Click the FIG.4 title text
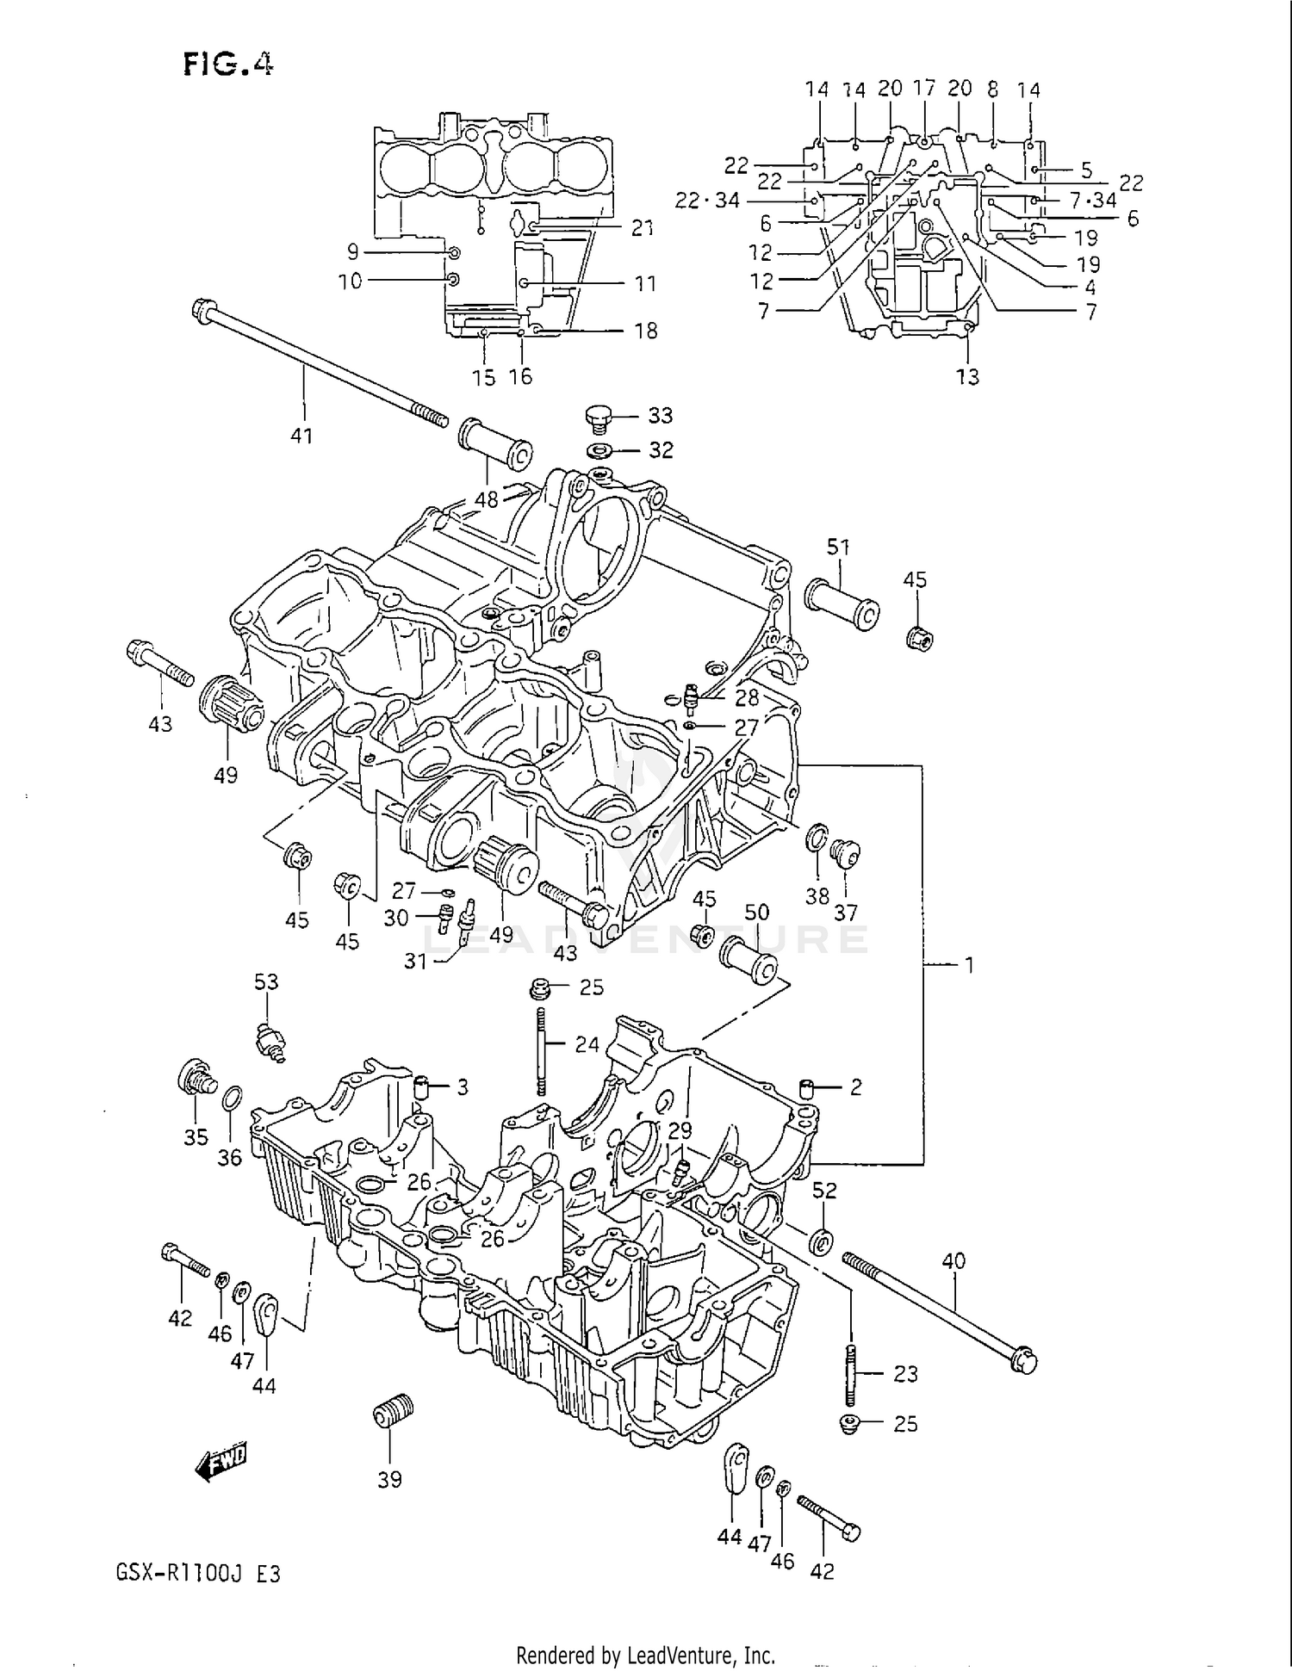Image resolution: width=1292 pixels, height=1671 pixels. pyautogui.click(x=228, y=65)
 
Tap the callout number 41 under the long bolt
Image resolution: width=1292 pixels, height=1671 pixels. pyautogui.click(x=301, y=436)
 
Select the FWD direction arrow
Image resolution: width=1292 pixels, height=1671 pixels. pyautogui.click(x=221, y=1461)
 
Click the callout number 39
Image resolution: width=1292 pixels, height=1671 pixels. pyautogui.click(x=389, y=1479)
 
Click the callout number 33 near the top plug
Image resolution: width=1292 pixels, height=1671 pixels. pyautogui.click(x=660, y=416)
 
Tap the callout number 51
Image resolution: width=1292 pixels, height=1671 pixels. pyautogui.click(x=838, y=548)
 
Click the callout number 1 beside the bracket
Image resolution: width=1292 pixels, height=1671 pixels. pyautogui.click(x=969, y=965)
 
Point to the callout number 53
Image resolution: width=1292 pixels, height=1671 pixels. pyautogui.click(x=266, y=982)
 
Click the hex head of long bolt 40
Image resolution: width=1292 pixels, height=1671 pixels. pyautogui.click(x=1025, y=1361)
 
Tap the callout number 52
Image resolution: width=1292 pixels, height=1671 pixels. pyautogui.click(x=824, y=1191)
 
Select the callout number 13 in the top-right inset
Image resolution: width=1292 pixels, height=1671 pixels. pyautogui.click(x=967, y=376)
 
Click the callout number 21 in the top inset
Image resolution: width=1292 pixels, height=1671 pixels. pyautogui.click(x=643, y=228)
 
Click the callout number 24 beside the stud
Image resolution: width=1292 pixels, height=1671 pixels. pyautogui.click(x=587, y=1045)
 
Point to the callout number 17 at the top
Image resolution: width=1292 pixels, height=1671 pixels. pyautogui.click(x=923, y=88)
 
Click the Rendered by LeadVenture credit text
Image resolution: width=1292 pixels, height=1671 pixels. pyautogui.click(x=645, y=1655)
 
